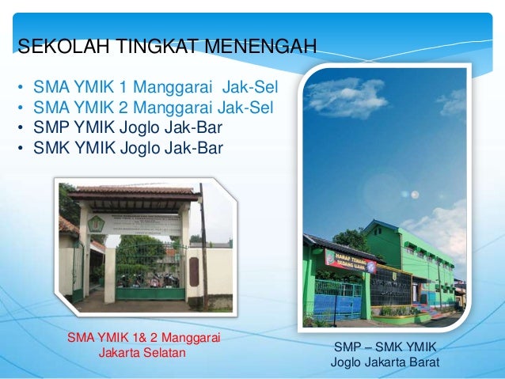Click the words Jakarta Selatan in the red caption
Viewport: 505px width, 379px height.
pos(142,352)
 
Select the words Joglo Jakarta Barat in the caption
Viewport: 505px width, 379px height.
pos(385,364)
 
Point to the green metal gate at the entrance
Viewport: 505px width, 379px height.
pos(150,273)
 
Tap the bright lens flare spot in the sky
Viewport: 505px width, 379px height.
pos(412,195)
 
